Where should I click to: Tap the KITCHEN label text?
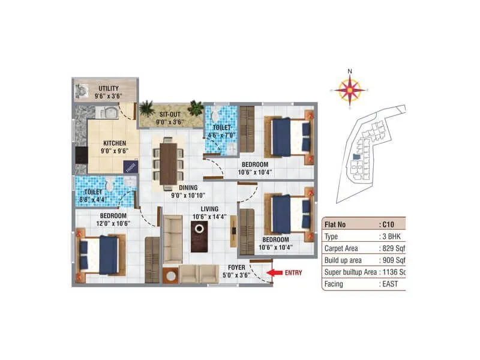tap(114, 143)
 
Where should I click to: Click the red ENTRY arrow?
tap(275, 273)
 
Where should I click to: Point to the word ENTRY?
tap(294, 273)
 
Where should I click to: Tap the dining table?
tap(169, 162)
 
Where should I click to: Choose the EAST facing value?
tap(394, 284)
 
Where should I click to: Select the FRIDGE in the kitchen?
tap(130, 167)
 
